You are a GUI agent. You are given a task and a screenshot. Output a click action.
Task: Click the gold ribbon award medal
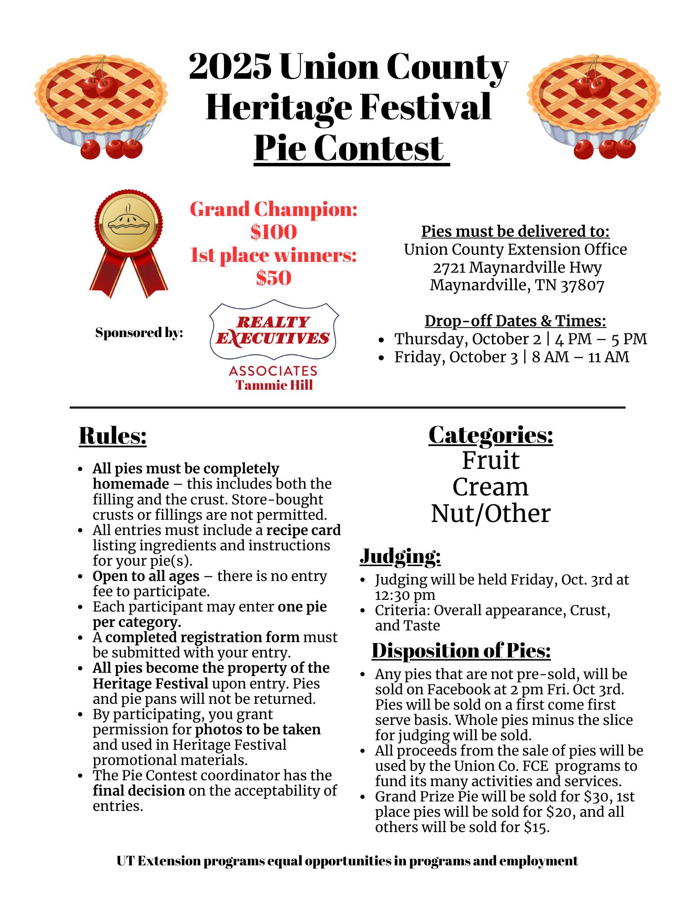pos(129,243)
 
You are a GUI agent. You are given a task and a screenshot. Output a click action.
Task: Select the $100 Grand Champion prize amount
pos(274,232)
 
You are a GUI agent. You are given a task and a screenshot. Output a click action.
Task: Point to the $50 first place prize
pos(274,278)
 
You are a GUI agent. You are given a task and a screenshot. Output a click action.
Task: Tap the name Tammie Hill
pos(274,385)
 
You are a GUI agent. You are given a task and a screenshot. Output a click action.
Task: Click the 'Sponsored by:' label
pos(139,333)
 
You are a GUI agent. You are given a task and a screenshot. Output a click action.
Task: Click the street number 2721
pos(449,267)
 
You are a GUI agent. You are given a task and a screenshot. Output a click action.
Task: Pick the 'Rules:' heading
pos(112,436)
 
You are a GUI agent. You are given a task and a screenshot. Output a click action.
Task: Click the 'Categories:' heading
pos(490,435)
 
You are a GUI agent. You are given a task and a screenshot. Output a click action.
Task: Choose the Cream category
pos(490,487)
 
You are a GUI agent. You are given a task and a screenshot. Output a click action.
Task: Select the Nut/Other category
pos(490,513)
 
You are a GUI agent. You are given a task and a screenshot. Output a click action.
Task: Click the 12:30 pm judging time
pos(405,595)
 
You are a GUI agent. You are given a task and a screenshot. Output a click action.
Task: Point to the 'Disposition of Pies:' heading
pos(461,651)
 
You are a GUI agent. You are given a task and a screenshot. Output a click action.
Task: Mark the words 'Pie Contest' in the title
pos(349,148)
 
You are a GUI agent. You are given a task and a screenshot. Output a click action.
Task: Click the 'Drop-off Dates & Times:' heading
pos(515,321)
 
